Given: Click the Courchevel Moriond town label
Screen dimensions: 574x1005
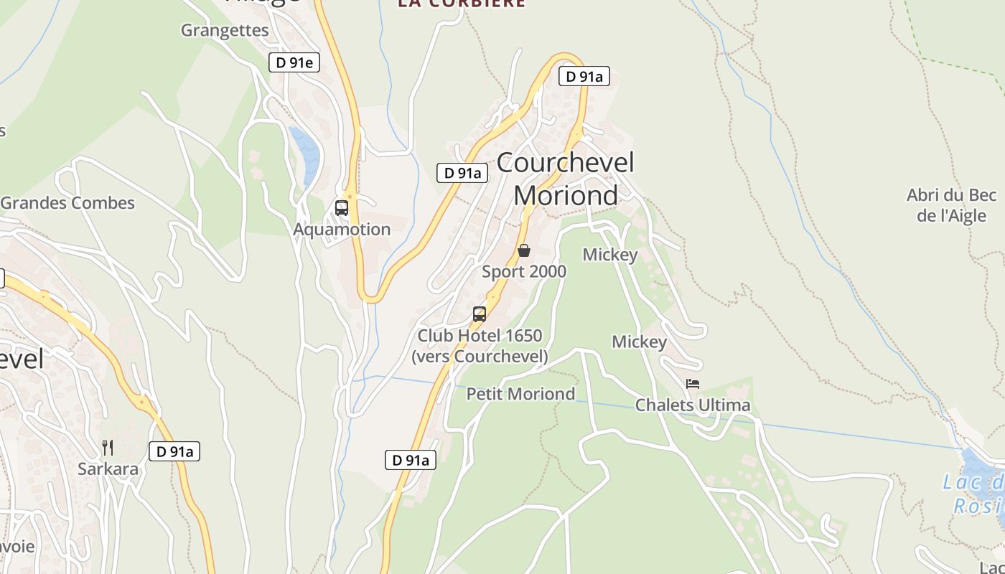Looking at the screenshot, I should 566,179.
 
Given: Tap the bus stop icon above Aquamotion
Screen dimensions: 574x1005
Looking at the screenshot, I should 342,208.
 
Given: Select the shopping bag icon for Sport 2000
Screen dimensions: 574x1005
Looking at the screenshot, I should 524,250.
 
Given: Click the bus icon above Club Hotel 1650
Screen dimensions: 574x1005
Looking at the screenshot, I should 480,314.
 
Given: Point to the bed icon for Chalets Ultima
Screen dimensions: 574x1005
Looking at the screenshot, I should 693,384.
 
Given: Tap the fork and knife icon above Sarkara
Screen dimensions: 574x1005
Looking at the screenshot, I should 108,448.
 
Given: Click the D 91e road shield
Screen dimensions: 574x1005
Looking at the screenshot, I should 294,62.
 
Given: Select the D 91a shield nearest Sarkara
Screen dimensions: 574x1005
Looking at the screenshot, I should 174,451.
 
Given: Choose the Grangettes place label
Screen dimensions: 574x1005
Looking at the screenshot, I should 225,30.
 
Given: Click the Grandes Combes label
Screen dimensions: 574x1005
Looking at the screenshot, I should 67,203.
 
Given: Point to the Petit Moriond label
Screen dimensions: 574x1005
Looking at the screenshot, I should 521,394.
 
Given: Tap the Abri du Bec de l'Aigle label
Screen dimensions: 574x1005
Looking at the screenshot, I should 952,205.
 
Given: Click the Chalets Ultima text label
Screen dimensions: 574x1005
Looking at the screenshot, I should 693,405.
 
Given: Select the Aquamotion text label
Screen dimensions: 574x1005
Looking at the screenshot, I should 342,230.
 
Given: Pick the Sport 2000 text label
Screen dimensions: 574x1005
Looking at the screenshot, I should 524,272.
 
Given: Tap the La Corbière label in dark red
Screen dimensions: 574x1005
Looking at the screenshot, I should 462,4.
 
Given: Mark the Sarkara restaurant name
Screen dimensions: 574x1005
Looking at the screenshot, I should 108,469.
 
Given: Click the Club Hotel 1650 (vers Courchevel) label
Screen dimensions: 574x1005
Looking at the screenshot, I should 480,346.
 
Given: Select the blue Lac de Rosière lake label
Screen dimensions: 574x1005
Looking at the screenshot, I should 976,494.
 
